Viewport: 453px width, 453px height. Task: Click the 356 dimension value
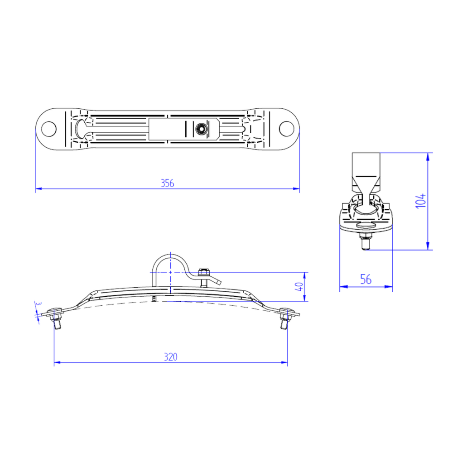click(x=167, y=183)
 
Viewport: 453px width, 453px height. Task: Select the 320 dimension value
click(x=170, y=357)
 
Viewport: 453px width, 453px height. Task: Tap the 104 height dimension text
click(x=421, y=201)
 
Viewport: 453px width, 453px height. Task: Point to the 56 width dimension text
click(x=366, y=280)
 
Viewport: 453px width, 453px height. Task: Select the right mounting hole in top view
click(x=286, y=128)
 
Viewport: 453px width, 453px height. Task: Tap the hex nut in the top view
click(x=199, y=129)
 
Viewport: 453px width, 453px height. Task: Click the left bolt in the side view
click(x=56, y=317)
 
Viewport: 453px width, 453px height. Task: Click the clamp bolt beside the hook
click(x=204, y=276)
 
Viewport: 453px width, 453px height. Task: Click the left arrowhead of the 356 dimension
click(x=39, y=188)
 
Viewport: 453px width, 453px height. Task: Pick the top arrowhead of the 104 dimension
click(x=428, y=155)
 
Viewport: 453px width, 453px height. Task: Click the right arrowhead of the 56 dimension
click(x=390, y=286)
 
